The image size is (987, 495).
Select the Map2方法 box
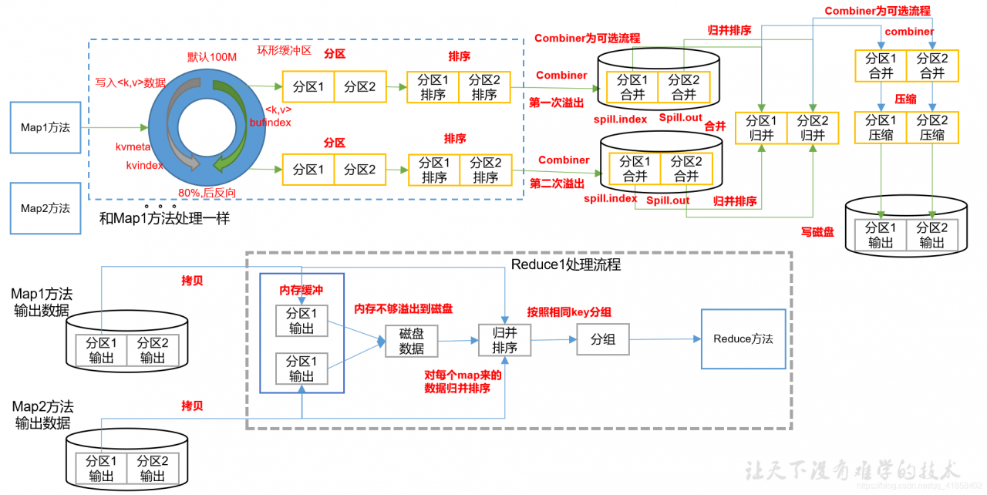45,208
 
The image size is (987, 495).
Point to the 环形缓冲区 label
284,52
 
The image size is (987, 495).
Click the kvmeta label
133,146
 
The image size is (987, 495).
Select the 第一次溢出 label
557,102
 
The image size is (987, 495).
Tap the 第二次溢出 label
557,184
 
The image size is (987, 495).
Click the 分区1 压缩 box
881,127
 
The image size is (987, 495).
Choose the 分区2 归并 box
813,128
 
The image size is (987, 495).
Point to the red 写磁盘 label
817,231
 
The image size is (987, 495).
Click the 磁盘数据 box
411,340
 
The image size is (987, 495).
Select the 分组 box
603,339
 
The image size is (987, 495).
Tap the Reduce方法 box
743,339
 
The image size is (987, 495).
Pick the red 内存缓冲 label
301,291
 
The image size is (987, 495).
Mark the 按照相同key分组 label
570,312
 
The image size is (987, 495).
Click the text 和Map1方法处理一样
164,219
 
